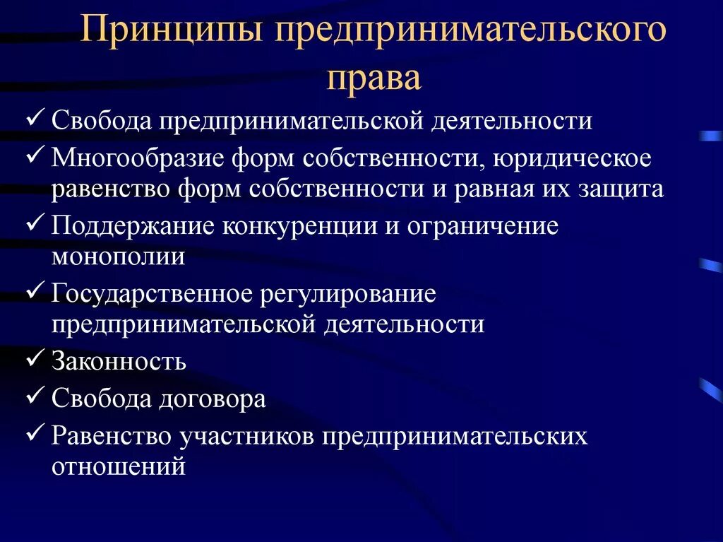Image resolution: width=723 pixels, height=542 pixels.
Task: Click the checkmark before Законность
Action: [36, 359]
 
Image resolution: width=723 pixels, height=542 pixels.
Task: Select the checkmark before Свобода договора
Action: [36, 396]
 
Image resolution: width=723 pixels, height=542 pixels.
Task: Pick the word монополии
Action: [118, 256]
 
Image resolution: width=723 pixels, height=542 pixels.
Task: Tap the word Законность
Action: [119, 362]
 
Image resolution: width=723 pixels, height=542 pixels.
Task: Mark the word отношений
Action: [118, 466]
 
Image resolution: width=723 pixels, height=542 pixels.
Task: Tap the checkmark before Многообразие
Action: [36, 155]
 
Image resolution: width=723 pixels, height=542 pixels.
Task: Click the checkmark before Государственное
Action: [36, 291]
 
